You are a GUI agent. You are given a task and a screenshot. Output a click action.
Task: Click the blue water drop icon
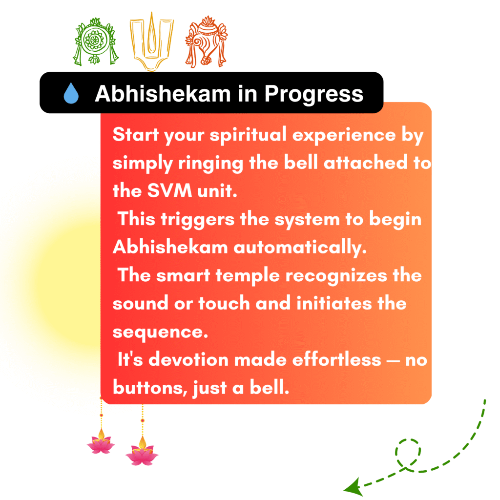[x=71, y=93]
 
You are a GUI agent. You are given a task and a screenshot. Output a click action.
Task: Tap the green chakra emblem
[x=95, y=42]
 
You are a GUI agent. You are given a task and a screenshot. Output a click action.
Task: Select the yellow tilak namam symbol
[x=151, y=42]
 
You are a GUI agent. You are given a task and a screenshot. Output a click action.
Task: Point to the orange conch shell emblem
[x=207, y=42]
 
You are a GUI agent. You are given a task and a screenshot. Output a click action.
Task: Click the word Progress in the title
[x=314, y=94]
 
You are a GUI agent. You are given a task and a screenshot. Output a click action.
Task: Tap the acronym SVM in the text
[x=169, y=191]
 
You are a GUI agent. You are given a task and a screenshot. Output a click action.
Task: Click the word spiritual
[x=248, y=135]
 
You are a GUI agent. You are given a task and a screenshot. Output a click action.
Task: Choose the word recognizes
[x=336, y=276]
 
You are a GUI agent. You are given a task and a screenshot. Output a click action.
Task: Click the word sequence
[x=160, y=333]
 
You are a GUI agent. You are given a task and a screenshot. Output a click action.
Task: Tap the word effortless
[x=337, y=359]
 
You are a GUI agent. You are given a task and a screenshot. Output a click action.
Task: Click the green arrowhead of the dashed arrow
[x=354, y=487]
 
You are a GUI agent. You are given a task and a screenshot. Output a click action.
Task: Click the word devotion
[x=189, y=360]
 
